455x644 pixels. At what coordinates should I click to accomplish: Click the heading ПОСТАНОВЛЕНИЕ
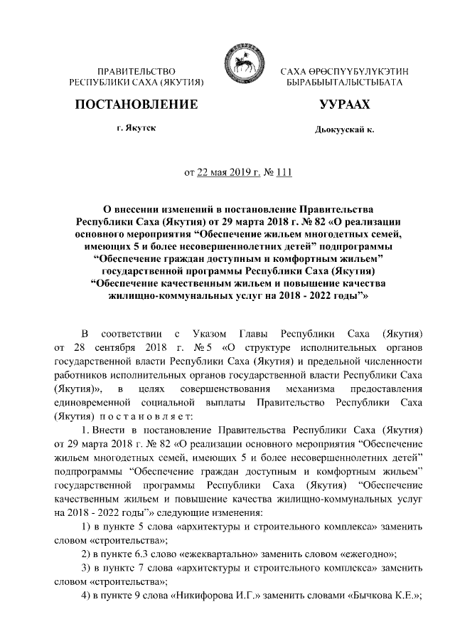pyautogui.click(x=136, y=105)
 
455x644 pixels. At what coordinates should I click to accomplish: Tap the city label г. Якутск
pyautogui.click(x=136, y=127)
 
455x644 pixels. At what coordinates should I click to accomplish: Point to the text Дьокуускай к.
pyautogui.click(x=344, y=129)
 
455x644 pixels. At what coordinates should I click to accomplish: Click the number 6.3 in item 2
pyautogui.click(x=145, y=554)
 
